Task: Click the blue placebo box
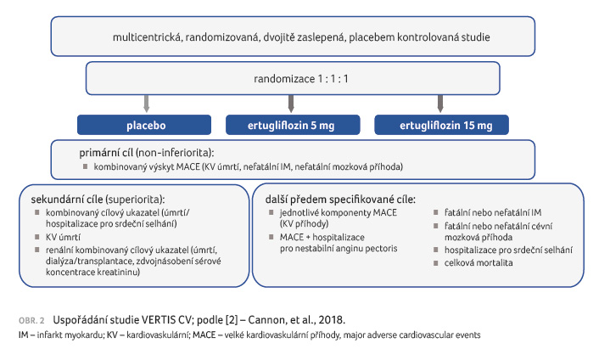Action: tap(144, 125)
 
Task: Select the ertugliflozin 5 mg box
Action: tap(293, 125)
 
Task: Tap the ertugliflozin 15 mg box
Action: tap(441, 125)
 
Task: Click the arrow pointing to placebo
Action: tap(147, 104)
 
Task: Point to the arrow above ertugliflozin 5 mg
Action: tap(291, 104)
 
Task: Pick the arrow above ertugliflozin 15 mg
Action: tap(440, 104)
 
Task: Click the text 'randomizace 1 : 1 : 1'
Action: tap(300, 79)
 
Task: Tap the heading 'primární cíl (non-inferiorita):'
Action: tap(147, 153)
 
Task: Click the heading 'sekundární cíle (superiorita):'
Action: tap(98, 200)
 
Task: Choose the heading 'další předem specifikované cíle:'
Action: tap(340, 200)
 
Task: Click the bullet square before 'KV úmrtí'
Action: tap(37, 237)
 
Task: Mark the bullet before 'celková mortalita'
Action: tap(436, 262)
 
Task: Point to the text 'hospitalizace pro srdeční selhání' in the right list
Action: tap(508, 250)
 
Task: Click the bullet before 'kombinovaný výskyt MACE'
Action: tap(85, 166)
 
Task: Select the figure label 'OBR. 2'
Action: tap(31, 321)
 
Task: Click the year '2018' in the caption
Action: tap(331, 320)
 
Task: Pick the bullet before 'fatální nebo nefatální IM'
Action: tap(436, 212)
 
